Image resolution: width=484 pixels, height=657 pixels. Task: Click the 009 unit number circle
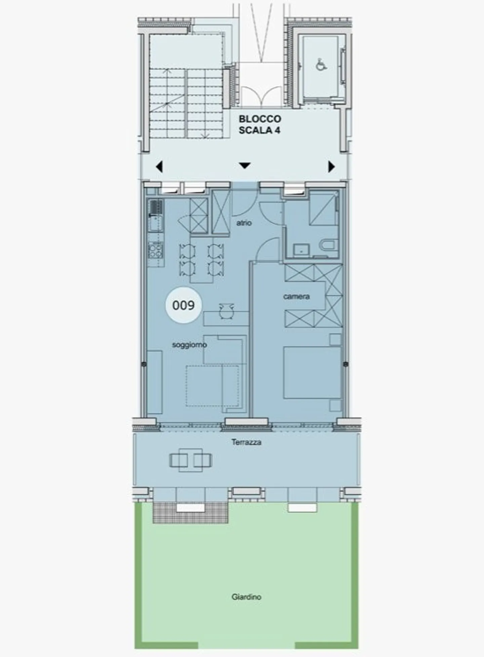(x=183, y=305)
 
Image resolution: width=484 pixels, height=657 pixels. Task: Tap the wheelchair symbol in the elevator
(x=321, y=64)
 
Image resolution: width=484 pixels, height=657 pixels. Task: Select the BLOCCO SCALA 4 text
(x=259, y=125)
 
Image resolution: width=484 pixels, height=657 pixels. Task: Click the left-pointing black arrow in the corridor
(x=159, y=167)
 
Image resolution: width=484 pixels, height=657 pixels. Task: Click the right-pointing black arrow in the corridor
(x=331, y=167)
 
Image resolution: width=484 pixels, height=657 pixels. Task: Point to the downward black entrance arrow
(x=245, y=166)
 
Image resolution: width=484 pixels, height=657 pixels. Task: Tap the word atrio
(x=244, y=223)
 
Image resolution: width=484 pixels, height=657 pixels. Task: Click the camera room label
(x=296, y=296)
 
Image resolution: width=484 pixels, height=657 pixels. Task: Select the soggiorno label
(x=189, y=345)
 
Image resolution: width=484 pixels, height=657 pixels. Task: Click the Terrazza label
(x=246, y=442)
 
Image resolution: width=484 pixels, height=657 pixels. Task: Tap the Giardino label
(x=246, y=597)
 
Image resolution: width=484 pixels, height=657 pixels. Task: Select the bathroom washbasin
(x=301, y=249)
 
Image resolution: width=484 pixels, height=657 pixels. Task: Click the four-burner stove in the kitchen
(x=156, y=250)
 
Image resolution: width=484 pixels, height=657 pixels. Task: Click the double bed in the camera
(x=312, y=373)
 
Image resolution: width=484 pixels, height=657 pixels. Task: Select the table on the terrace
(x=191, y=460)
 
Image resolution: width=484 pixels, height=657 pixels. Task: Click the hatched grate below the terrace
(x=190, y=513)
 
